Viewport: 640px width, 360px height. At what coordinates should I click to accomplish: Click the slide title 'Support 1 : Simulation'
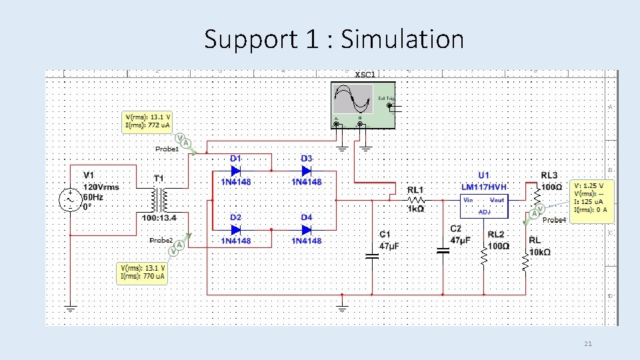pos(333,39)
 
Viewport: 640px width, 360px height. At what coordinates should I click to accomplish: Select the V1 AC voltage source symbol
pos(70,199)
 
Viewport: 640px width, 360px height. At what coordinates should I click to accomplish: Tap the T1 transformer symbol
pos(159,198)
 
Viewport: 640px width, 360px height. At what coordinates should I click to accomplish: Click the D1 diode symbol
pos(235,170)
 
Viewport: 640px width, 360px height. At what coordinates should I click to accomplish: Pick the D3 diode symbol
pos(306,170)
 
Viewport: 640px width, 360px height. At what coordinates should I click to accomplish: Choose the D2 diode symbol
pos(235,229)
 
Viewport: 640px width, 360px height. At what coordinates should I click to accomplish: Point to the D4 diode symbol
pos(306,229)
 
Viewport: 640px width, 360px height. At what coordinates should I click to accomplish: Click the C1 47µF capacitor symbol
pos(372,255)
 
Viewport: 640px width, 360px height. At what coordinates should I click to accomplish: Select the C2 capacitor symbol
pos(443,251)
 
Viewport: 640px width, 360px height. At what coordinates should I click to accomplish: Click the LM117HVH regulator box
pos(484,203)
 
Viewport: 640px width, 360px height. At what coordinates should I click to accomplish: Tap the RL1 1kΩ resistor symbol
pos(416,199)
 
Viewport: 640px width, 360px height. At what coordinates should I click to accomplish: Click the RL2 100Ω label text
pos(498,240)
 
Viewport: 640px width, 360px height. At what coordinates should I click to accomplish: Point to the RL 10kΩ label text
pos(540,246)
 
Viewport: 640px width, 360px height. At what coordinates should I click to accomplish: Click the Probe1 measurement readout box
pos(147,121)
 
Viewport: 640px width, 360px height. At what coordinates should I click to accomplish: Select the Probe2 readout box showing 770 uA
pos(141,273)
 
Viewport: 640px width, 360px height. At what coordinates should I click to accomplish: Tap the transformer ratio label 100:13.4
pos(159,218)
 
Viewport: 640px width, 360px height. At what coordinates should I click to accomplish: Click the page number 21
pos(587,344)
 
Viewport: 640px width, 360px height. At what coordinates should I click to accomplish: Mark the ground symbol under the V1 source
pos(70,308)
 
